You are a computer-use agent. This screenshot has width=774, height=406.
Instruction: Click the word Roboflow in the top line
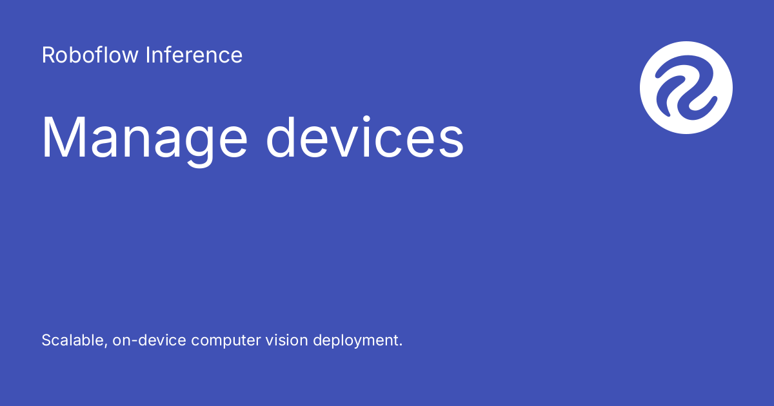pos(90,55)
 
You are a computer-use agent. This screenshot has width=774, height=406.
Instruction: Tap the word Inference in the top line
pos(194,55)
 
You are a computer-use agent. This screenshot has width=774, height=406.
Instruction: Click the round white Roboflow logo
pos(686,88)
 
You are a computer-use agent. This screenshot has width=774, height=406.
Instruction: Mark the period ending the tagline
pos(400,345)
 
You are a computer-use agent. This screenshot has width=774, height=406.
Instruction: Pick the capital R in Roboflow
pos(48,55)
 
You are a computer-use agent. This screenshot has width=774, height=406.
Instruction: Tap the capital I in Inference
pos(148,55)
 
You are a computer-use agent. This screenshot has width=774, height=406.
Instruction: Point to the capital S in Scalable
pos(46,340)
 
